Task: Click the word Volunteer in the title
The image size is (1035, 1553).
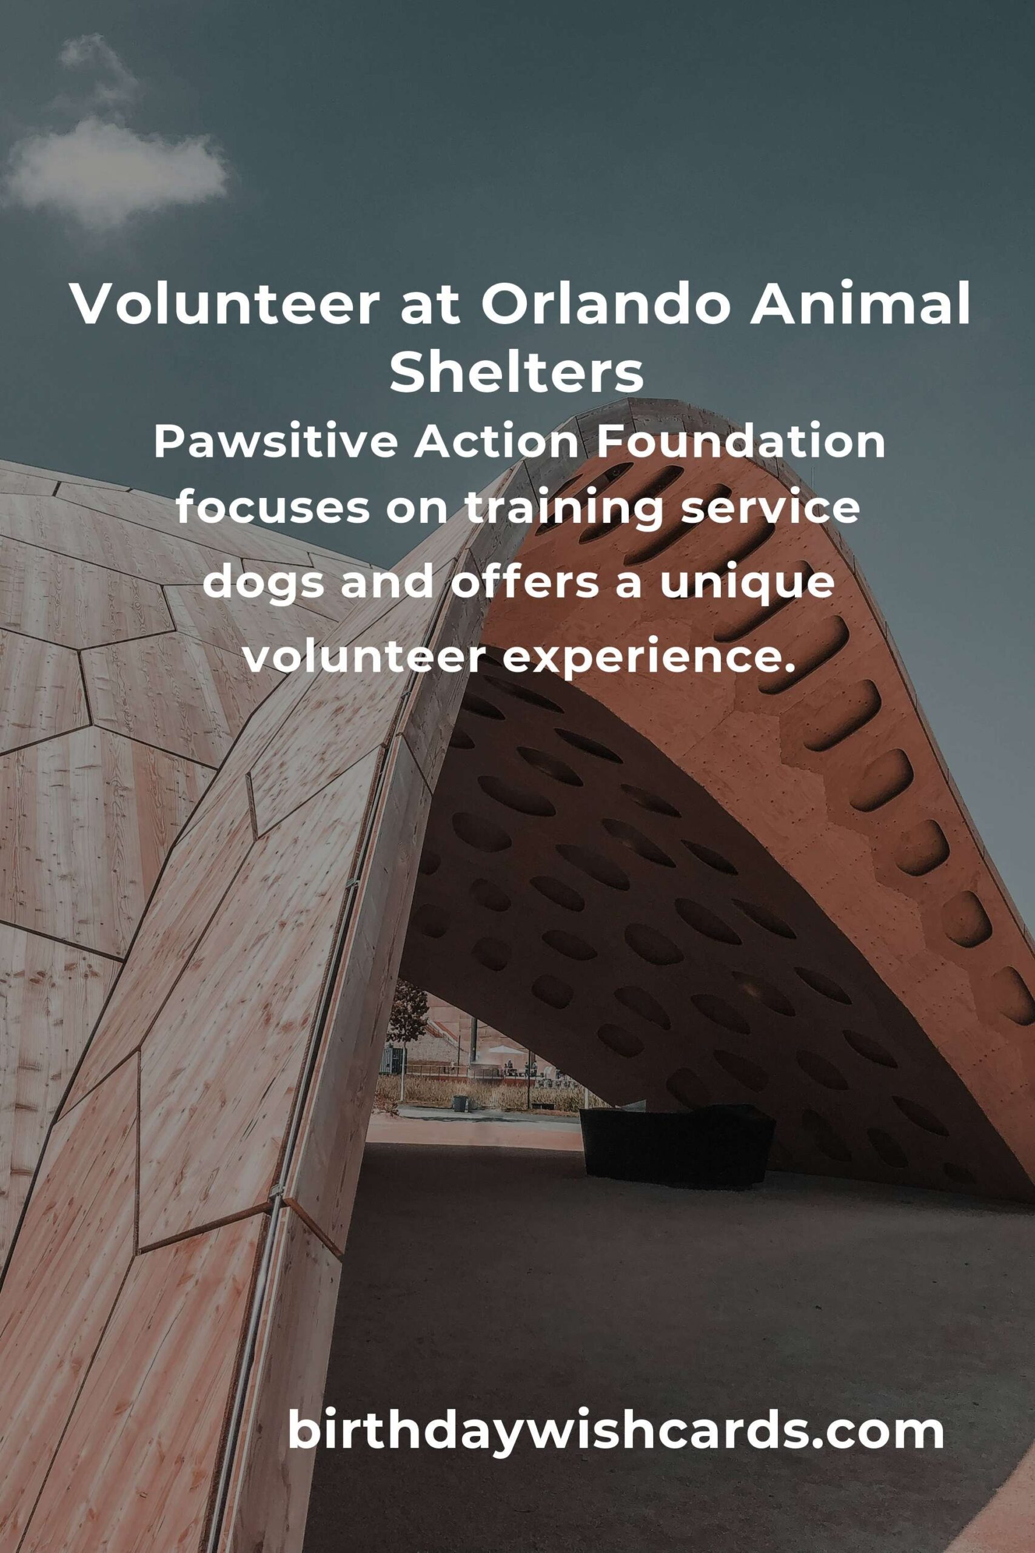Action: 224,303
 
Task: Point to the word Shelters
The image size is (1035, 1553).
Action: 517,372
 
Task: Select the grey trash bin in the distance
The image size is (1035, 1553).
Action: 460,1103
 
